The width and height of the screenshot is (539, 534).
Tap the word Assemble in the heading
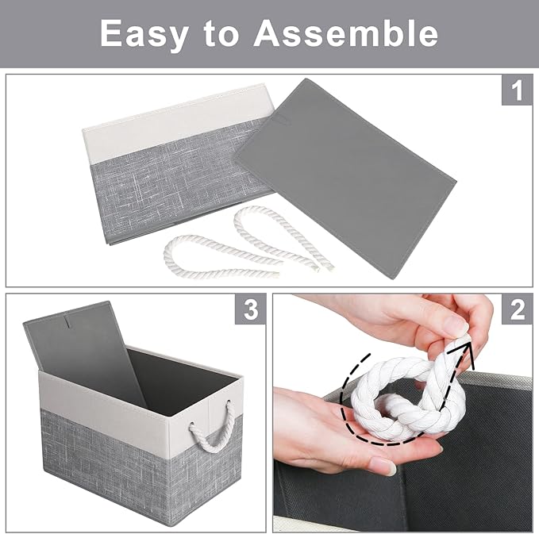coord(346,33)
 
